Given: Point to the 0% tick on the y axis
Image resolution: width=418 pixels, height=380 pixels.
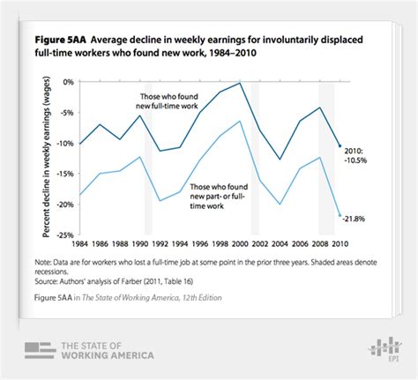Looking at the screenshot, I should (67, 81).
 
